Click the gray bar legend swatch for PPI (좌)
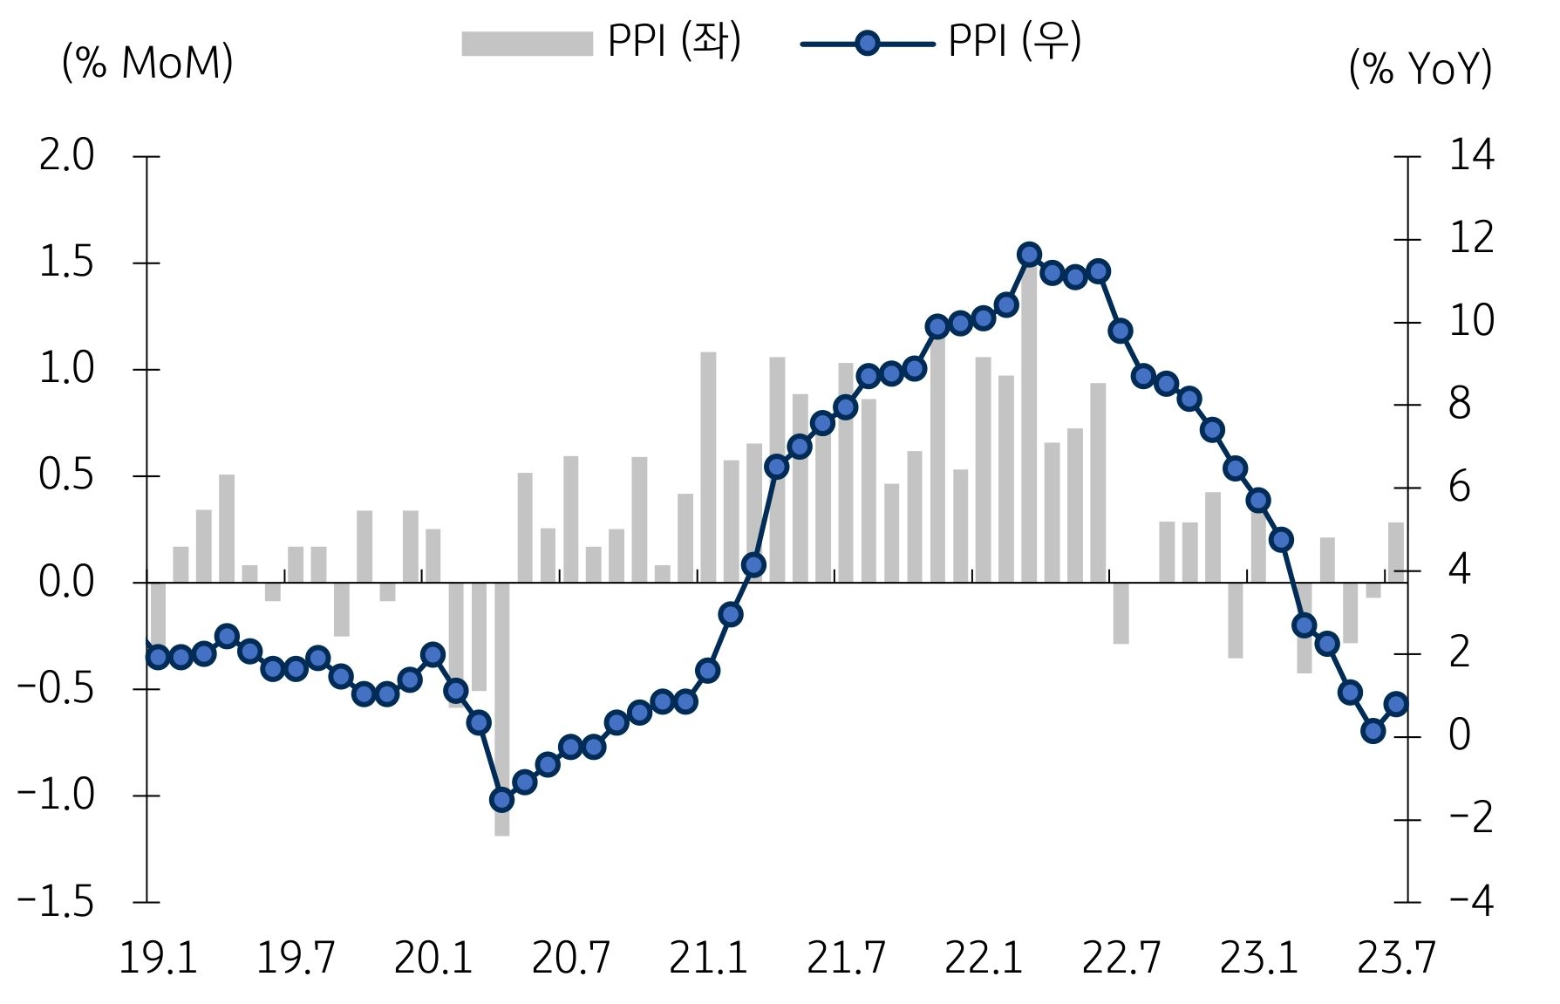click(527, 44)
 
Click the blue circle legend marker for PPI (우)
click(867, 44)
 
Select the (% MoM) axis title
click(147, 63)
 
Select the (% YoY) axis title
click(1420, 68)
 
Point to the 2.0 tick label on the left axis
click(66, 156)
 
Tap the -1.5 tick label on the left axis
click(56, 902)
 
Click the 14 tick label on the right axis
click(1471, 156)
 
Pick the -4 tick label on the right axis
click(1471, 902)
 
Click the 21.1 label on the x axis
click(708, 958)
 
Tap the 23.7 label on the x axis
click(1395, 958)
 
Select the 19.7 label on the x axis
click(296, 958)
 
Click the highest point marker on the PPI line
click(1029, 255)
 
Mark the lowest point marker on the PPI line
click(501, 799)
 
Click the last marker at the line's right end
click(1396, 704)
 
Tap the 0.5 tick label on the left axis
click(66, 475)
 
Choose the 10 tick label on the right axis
click(1471, 322)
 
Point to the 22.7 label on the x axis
click(1121, 958)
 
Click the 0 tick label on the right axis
click(1460, 736)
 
